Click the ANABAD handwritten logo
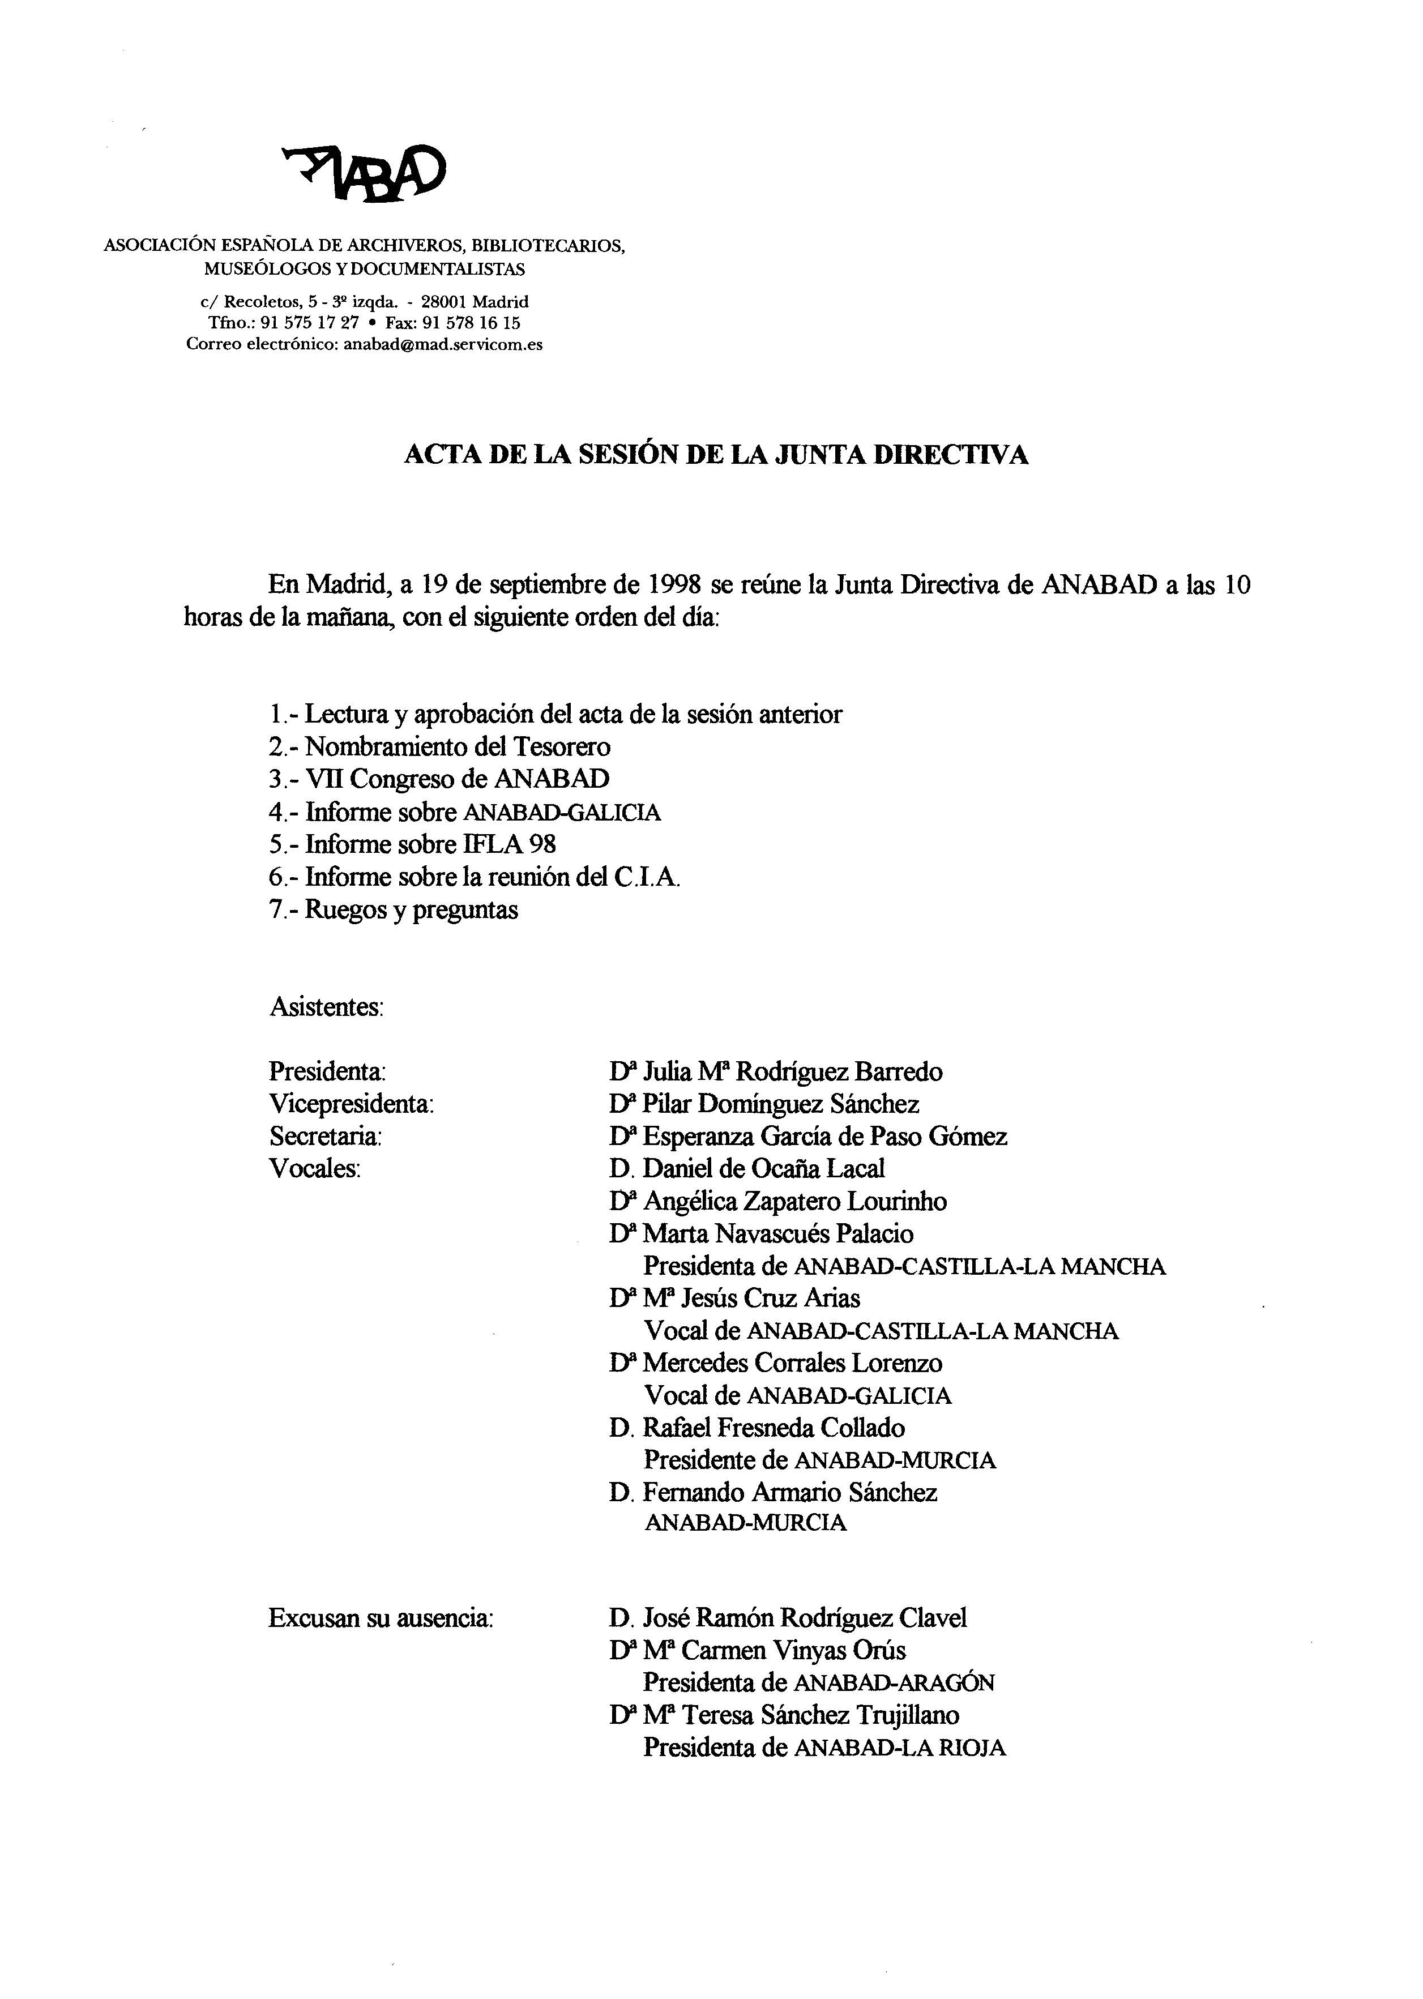tap(364, 172)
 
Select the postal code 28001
tap(445, 301)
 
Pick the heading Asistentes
tap(326, 1007)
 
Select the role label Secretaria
tap(325, 1137)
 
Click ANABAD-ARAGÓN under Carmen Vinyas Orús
tap(894, 1682)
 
